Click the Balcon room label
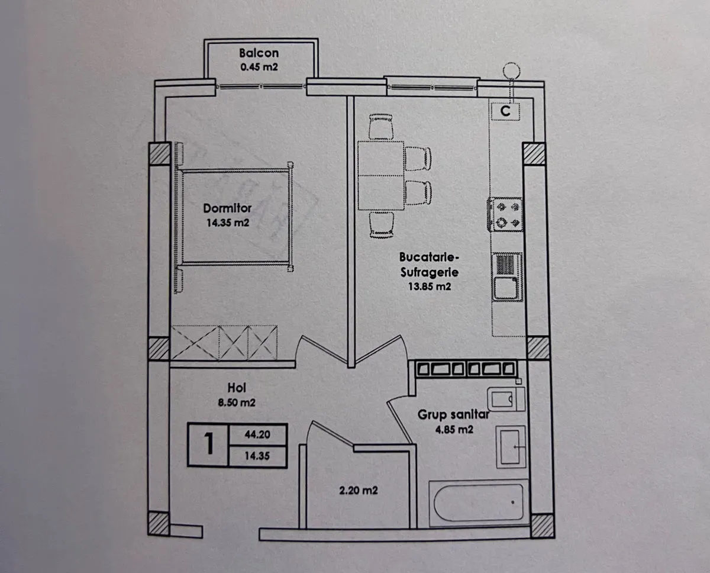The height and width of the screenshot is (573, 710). click(x=259, y=53)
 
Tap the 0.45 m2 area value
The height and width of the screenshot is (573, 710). click(x=259, y=67)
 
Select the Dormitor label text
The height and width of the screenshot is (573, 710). click(x=227, y=208)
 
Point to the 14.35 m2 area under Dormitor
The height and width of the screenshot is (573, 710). click(x=228, y=223)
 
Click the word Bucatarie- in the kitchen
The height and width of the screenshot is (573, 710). click(x=429, y=257)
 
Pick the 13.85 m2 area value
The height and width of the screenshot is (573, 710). click(x=429, y=286)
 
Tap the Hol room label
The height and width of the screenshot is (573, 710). click(x=237, y=388)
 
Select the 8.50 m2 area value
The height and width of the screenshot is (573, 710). click(x=237, y=403)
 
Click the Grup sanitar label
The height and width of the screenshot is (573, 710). click(x=453, y=415)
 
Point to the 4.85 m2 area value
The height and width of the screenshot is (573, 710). click(x=454, y=430)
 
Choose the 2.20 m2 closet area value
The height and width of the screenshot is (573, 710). click(x=359, y=491)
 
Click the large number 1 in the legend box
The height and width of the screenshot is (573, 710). click(x=209, y=445)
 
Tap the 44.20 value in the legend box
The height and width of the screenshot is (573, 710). click(x=257, y=434)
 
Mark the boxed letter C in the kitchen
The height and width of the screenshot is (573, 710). click(x=505, y=111)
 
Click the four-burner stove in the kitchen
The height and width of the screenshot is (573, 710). click(x=505, y=214)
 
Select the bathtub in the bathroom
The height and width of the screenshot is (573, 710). click(x=479, y=503)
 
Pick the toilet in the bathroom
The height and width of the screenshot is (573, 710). click(x=506, y=400)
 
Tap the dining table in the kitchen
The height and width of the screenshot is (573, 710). click(x=381, y=176)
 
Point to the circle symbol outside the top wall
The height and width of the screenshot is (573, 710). click(x=511, y=71)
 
